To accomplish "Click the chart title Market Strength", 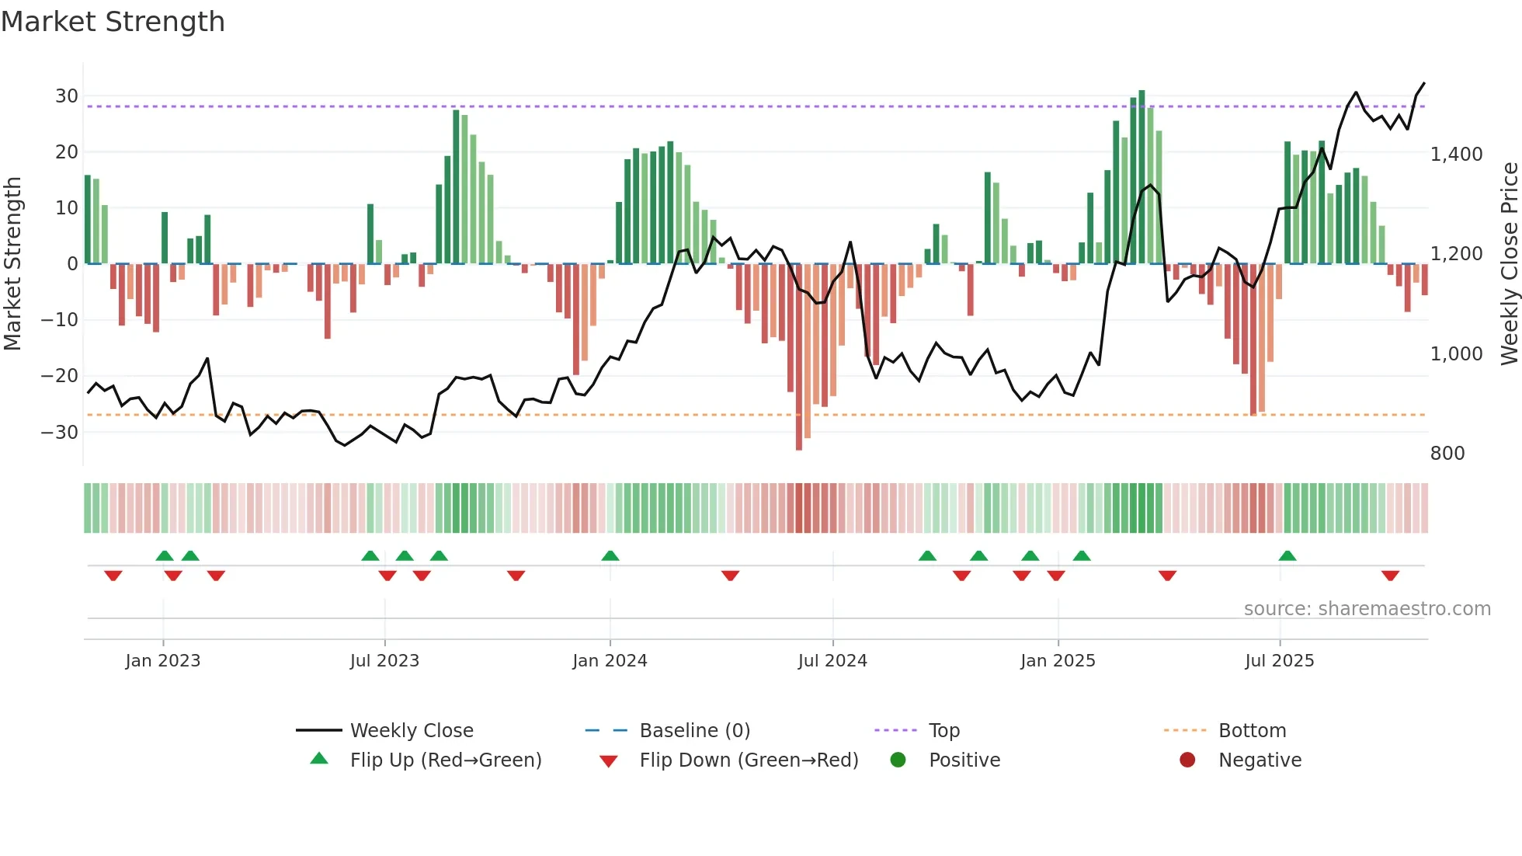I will coord(113,22).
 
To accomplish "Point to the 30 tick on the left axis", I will coord(67,96).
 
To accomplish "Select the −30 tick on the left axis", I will coord(61,432).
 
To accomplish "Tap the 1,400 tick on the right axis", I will coord(1456,155).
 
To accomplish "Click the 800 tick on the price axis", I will coord(1447,454).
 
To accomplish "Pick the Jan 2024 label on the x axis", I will coord(610,661).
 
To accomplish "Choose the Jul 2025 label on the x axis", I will coord(1279,661).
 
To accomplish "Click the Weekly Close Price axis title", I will coord(1509,264).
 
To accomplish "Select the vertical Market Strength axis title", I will coord(12,264).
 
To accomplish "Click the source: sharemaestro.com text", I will coord(1367,609).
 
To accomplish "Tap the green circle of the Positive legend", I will coord(898,760).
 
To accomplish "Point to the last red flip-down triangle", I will coord(1390,576).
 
